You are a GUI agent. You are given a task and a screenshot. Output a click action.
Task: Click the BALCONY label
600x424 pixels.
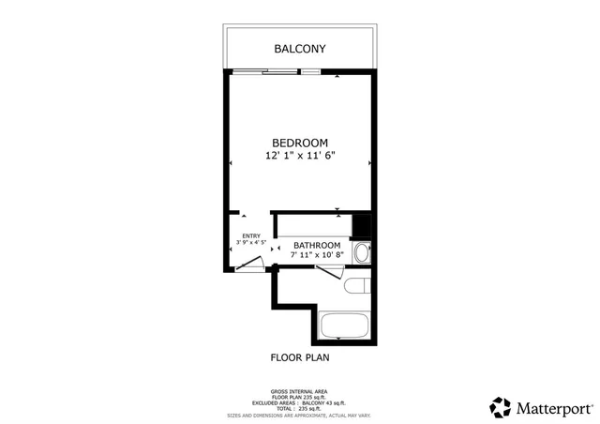300,48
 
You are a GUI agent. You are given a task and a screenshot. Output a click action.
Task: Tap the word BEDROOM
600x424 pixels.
300,143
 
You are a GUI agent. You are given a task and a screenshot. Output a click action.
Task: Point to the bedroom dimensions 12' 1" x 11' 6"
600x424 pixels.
300,158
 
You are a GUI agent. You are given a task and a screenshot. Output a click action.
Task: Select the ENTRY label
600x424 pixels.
251,235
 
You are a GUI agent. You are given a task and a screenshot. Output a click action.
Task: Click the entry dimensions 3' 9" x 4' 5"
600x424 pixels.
251,243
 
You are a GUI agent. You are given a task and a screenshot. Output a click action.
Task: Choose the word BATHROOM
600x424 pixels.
316,246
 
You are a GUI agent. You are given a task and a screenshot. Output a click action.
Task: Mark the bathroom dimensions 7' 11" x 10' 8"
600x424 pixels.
316,255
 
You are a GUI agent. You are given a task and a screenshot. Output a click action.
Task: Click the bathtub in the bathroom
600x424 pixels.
346,326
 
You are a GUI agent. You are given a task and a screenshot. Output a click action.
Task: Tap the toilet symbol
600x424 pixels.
357,286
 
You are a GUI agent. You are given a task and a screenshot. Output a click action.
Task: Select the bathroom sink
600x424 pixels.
363,252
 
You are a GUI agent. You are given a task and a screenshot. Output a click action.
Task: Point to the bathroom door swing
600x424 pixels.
328,272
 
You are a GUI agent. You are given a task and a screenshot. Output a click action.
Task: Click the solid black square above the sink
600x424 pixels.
361,226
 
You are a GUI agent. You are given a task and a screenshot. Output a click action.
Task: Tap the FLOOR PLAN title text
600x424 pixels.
300,357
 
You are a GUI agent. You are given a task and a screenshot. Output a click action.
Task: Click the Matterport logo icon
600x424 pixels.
500,407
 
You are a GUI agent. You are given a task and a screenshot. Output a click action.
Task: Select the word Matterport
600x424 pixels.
554,408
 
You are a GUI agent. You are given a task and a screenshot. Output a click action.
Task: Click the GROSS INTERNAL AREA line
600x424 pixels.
299,391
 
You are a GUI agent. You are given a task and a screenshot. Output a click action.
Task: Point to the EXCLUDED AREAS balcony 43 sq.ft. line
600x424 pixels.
299,401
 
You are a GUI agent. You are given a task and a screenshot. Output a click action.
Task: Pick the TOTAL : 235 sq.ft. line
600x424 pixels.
299,407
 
